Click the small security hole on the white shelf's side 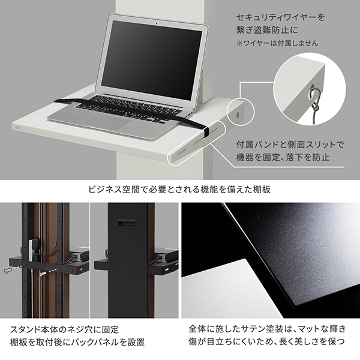pos(237,113)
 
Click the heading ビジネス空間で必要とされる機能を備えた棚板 pos(180,190)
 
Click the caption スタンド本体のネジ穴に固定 pos(65,329)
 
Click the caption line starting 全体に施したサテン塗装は pos(267,329)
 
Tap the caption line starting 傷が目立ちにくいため pos(268,343)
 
